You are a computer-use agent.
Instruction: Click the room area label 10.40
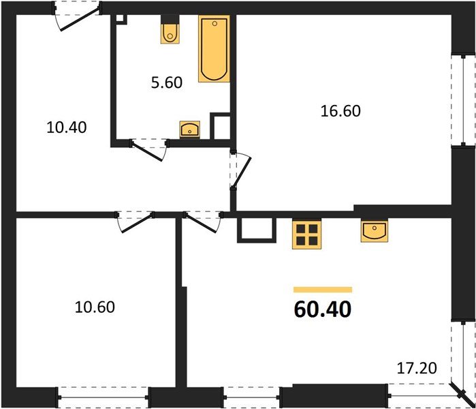click(67, 127)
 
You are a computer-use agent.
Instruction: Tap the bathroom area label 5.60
click(166, 83)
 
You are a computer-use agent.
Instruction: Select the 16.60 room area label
click(340, 110)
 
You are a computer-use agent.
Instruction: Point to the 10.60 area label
click(95, 307)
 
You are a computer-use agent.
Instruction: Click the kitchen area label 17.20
click(416, 369)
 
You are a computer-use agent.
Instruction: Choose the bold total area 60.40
click(323, 309)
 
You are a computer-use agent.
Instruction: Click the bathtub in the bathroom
click(214, 50)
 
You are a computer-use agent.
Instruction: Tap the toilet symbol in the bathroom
click(170, 32)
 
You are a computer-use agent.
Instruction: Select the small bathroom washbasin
click(189, 128)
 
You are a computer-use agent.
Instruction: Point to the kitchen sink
click(374, 231)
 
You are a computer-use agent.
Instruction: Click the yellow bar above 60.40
click(323, 289)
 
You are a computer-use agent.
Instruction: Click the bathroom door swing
click(150, 149)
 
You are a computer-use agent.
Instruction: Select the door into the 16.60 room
click(240, 170)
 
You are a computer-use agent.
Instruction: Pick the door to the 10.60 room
click(134, 222)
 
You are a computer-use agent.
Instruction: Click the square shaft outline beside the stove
click(256, 230)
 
